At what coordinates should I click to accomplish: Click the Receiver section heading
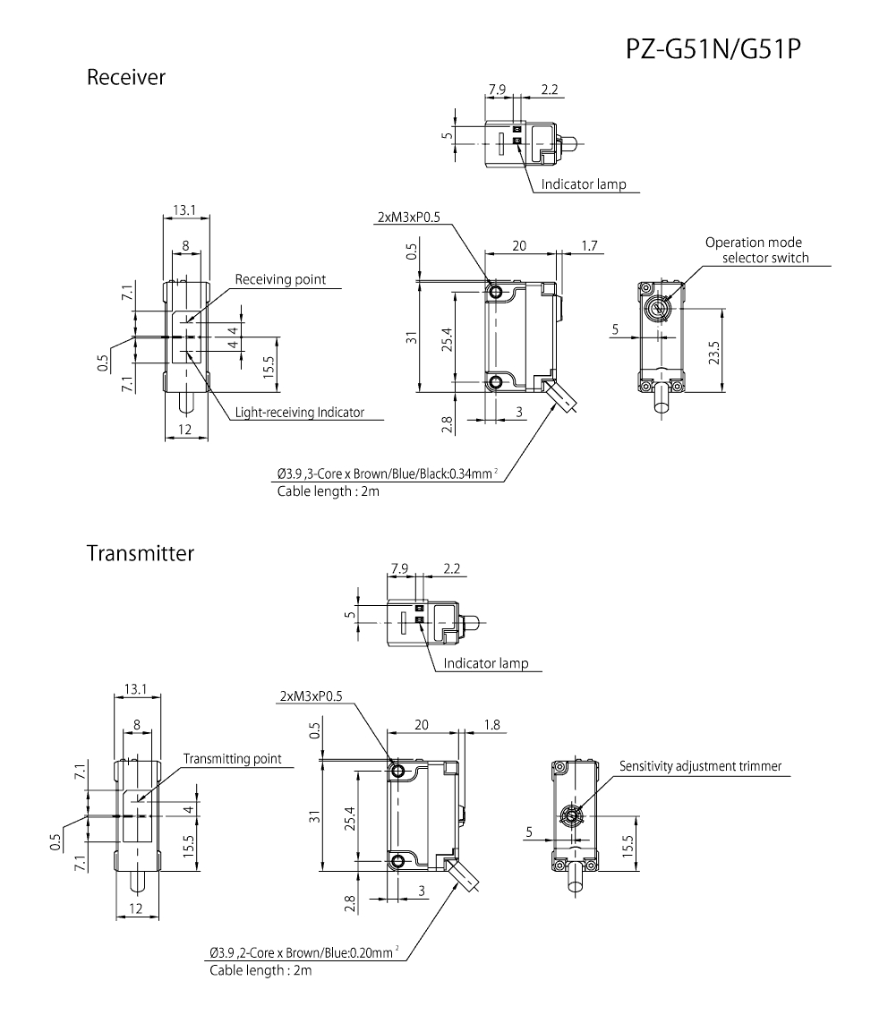point(126,78)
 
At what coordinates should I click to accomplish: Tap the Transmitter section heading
point(141,553)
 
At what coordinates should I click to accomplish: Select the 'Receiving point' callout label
point(280,280)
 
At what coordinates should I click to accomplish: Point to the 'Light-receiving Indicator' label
point(299,413)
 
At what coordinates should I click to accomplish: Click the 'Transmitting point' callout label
point(232,759)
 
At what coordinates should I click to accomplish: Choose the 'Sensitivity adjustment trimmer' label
point(701,766)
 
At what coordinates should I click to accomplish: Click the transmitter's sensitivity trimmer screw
point(570,815)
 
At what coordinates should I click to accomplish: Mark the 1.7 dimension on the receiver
point(589,245)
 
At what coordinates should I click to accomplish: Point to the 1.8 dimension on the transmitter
point(491,724)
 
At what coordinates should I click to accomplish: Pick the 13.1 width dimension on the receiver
point(185,209)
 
